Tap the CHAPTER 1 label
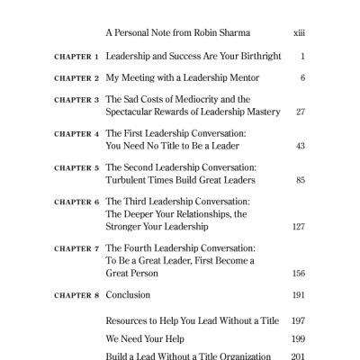76,57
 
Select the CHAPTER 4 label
76,134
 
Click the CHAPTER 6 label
76,202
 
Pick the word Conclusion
128,295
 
